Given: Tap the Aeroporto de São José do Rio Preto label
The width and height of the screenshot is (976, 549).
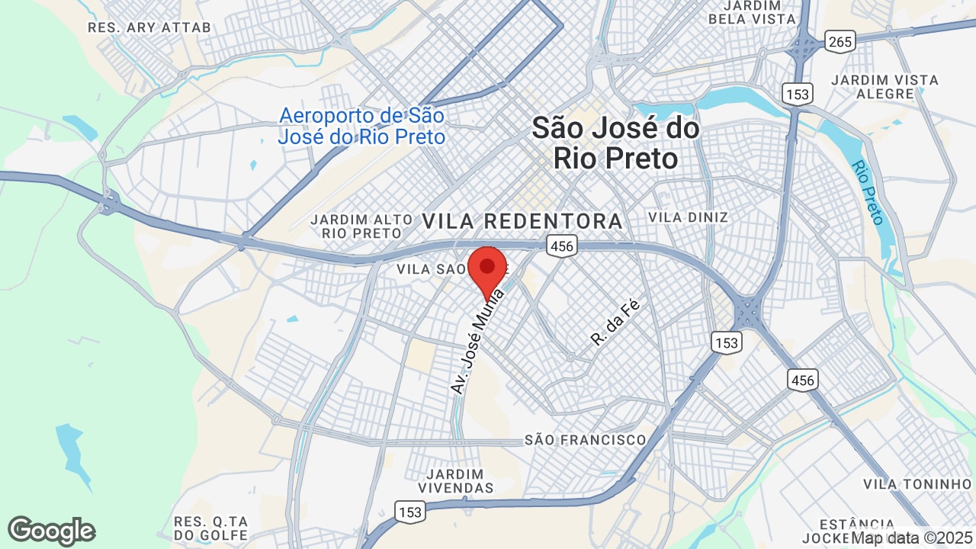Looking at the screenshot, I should coord(361,127).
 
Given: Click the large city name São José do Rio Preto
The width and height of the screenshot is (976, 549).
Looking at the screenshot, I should coord(615,143).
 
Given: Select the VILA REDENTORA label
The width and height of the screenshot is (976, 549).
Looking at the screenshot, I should coord(522,221).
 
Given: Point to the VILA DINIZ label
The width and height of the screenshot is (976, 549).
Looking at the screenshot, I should coord(688,217).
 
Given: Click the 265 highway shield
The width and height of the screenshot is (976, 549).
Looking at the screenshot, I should coord(840,41).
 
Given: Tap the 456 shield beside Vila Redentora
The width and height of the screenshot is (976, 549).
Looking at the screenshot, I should coord(560,246).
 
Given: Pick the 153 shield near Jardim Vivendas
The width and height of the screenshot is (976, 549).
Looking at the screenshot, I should coord(409,512).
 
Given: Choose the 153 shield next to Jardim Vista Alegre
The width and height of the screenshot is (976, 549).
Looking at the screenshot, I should coord(797,94).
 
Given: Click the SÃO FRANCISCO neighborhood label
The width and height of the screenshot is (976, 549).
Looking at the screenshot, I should coord(585,440).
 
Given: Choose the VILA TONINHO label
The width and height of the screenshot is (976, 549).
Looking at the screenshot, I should coord(917,484).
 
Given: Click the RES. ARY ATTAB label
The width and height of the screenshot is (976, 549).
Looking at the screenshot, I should coord(149,27).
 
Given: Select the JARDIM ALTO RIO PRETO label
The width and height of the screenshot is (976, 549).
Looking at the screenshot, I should coord(356,226).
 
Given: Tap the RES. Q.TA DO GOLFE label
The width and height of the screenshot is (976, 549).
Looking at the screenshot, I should coord(211,528).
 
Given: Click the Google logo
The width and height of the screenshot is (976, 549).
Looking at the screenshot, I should coord(51,531).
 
